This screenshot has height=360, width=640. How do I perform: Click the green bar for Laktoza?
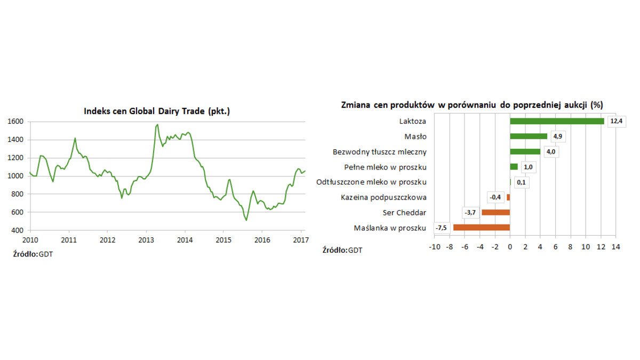[x=557, y=121]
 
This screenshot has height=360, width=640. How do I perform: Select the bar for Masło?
[x=529, y=137]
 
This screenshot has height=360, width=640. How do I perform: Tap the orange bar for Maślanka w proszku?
[x=482, y=228]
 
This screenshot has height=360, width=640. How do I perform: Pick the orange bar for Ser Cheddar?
[x=496, y=212]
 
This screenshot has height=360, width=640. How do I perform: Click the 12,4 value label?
[x=616, y=121]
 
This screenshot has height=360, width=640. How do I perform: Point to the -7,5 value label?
[x=441, y=228]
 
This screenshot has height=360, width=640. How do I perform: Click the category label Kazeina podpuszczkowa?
[x=383, y=197]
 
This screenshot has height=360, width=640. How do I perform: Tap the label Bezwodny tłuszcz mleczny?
[x=379, y=152]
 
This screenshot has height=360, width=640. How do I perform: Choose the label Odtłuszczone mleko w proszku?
[x=371, y=182]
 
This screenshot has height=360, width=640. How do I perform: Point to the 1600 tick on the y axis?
[x=15, y=122]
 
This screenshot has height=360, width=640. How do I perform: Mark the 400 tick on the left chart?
[x=18, y=230]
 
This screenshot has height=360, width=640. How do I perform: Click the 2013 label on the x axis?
[x=146, y=240]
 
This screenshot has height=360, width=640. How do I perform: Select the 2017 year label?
[x=301, y=240]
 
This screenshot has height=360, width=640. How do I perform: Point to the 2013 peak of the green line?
[x=157, y=125]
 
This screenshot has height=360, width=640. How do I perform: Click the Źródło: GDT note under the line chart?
[x=33, y=254]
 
